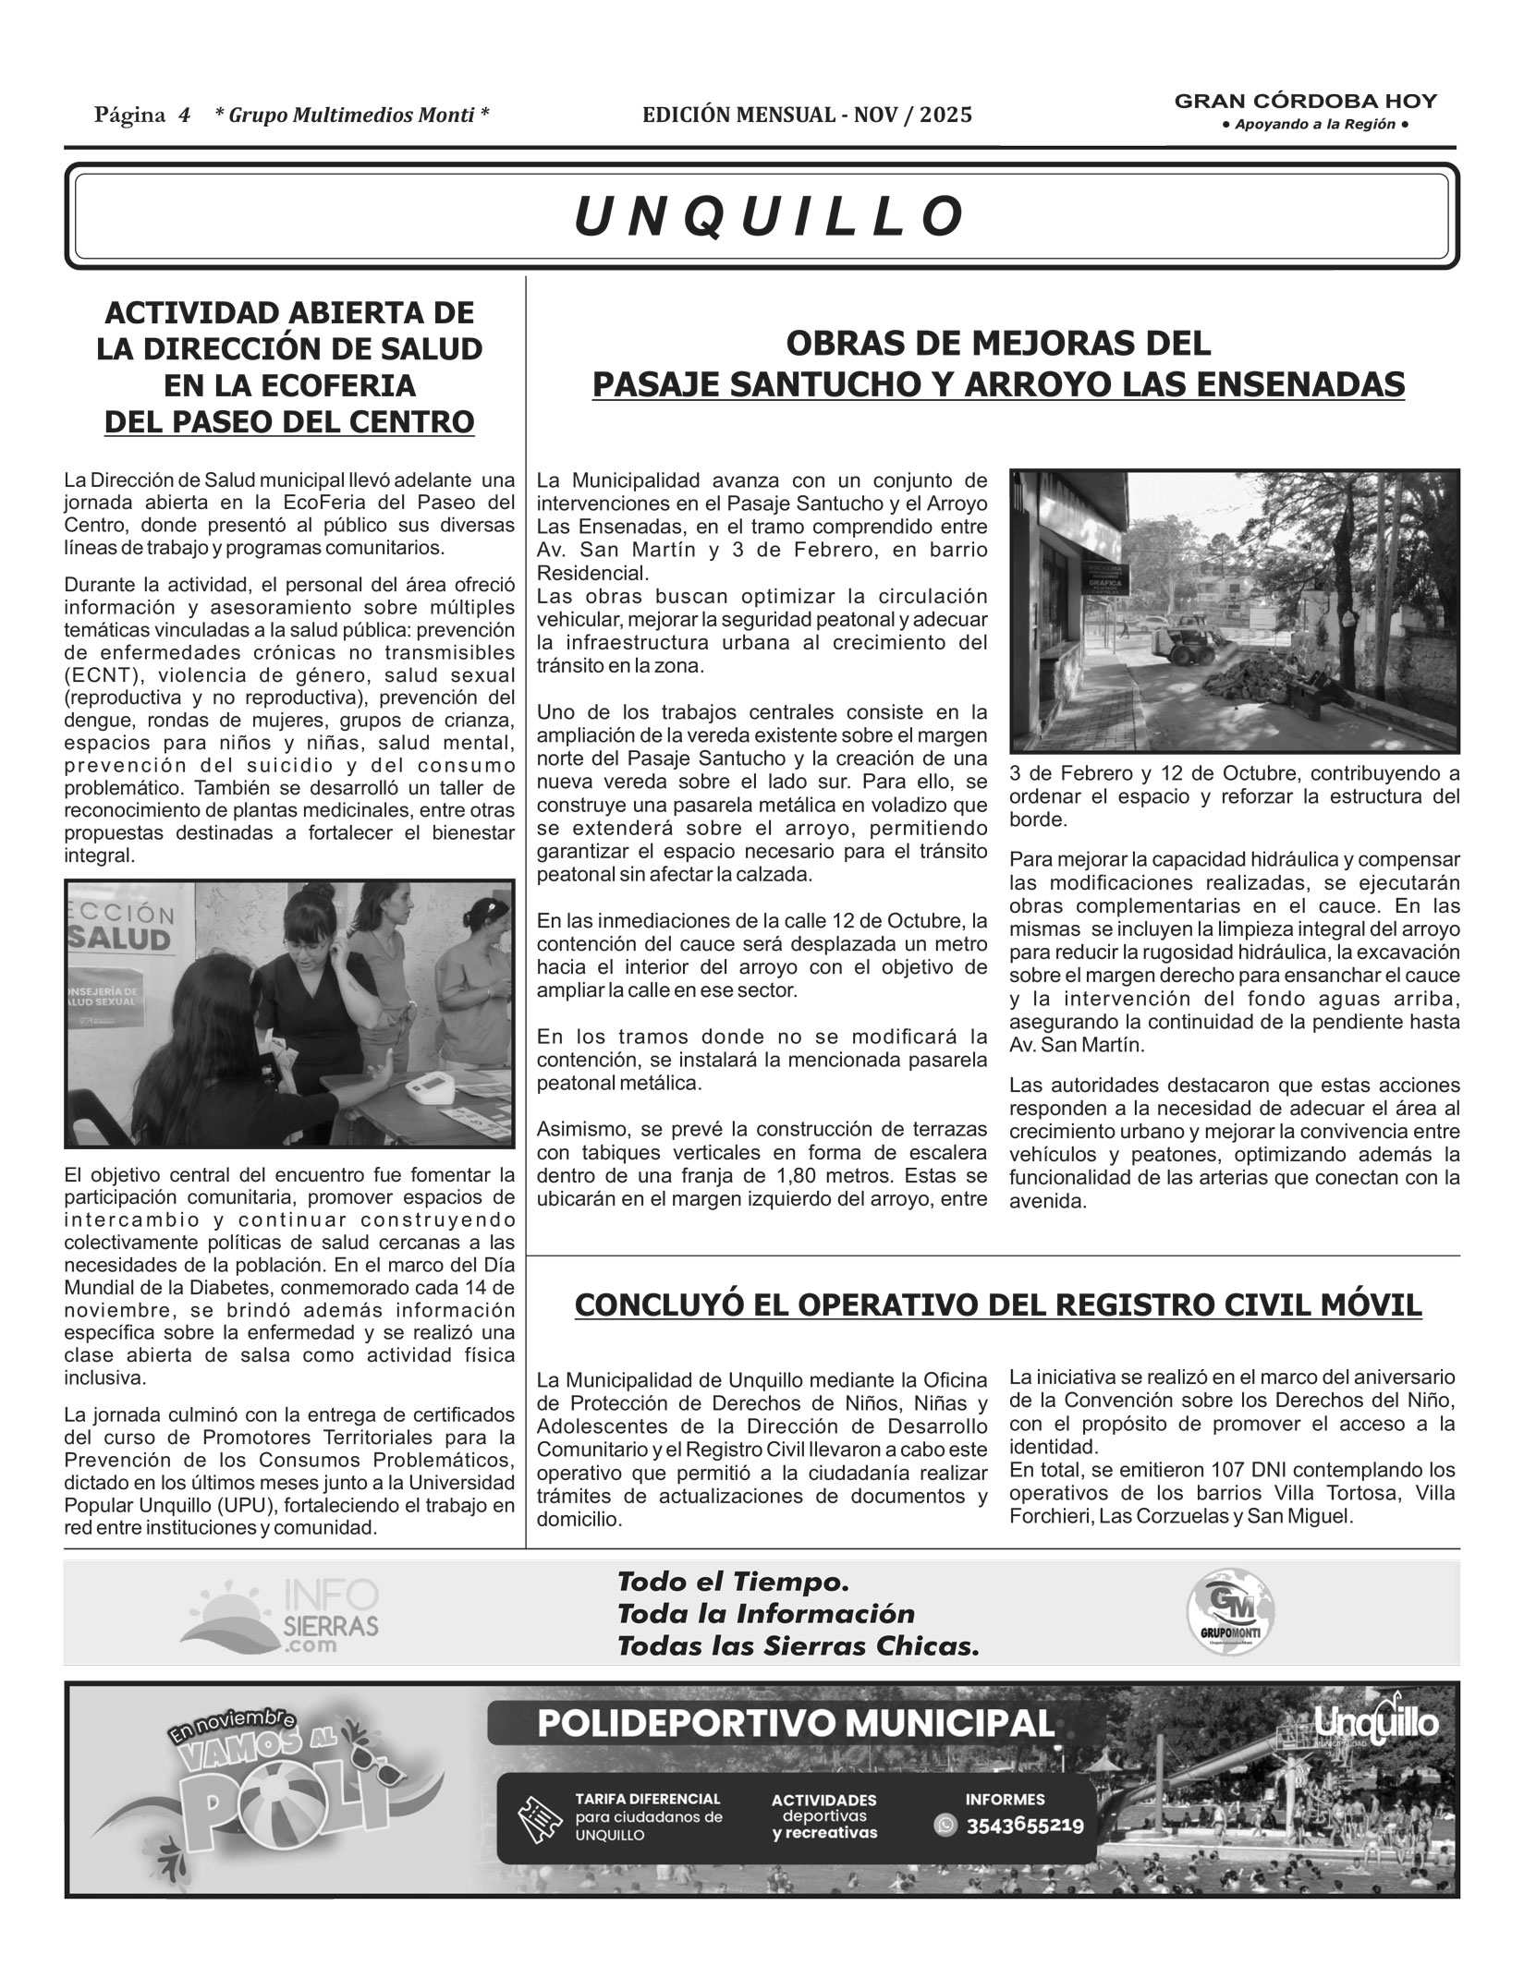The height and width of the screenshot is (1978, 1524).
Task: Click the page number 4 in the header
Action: coord(185,115)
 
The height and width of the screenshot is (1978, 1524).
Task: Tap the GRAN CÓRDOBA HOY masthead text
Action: coord(1305,102)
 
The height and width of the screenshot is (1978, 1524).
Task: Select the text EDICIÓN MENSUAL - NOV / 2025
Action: coord(807,115)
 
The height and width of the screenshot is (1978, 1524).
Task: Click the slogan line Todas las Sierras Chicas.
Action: coord(797,1645)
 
